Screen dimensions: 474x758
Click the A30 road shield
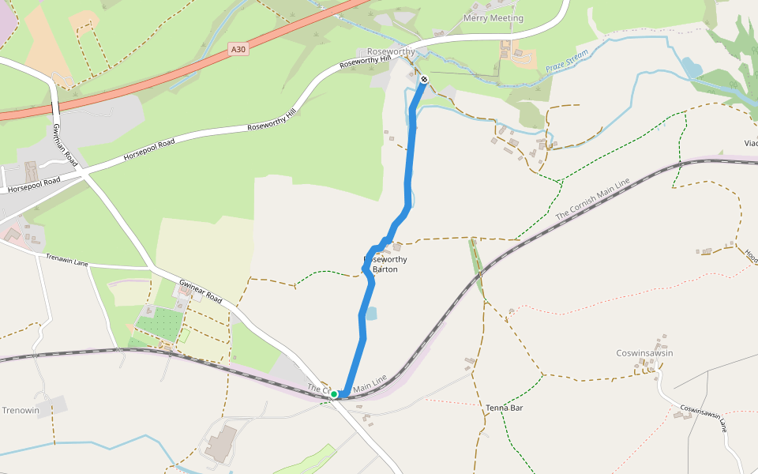tap(238, 49)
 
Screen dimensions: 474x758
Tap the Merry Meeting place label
tap(493, 18)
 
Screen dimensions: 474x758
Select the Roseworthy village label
tap(391, 51)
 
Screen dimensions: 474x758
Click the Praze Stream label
tap(567, 62)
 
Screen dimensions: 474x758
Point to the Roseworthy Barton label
tap(385, 264)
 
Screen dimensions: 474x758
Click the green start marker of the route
tap(334, 393)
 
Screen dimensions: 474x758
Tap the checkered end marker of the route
tap(424, 79)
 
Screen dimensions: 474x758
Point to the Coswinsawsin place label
tap(644, 353)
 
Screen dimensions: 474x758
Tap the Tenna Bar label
tap(505, 408)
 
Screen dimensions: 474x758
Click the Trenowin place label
tap(20, 411)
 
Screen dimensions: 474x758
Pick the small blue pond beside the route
tap(371, 314)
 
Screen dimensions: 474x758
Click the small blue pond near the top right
tap(692, 67)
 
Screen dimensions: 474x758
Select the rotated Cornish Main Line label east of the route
tap(592, 199)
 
